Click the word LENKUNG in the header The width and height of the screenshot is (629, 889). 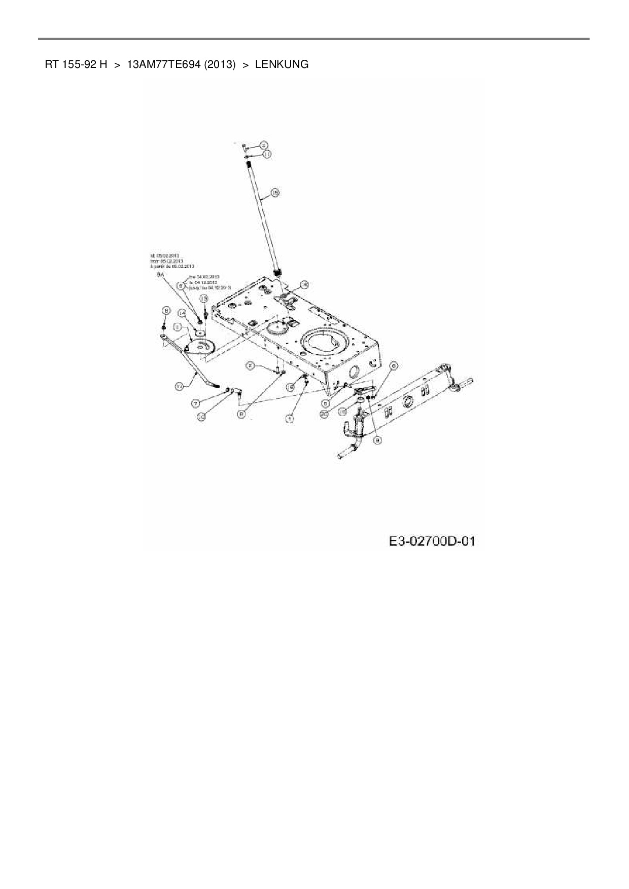282,64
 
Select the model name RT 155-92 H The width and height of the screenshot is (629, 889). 76,64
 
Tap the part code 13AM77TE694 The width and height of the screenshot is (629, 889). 164,64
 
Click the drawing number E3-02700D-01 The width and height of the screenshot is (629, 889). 432,541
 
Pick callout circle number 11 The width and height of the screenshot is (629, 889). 267,153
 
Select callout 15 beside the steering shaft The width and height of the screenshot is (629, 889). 275,193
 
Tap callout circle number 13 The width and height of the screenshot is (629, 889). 203,299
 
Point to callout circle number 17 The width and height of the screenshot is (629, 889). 179,386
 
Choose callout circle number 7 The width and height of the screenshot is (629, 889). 196,403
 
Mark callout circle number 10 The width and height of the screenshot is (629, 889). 201,416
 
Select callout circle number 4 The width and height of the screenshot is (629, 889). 289,418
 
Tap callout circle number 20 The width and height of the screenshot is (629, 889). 325,414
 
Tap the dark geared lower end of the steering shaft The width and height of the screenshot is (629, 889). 277,274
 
